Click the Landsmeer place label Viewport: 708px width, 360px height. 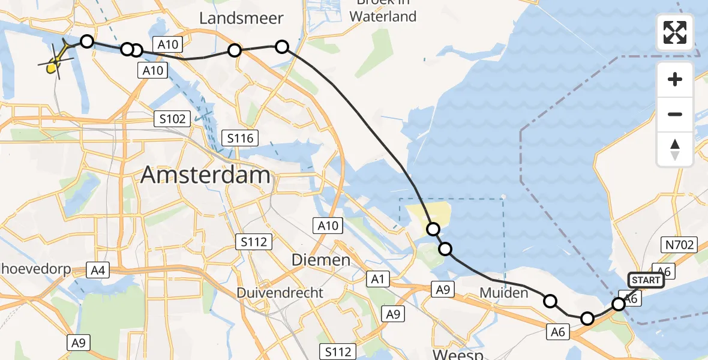click(x=241, y=19)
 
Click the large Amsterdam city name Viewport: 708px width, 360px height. click(x=205, y=175)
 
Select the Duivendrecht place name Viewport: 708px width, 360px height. click(x=280, y=293)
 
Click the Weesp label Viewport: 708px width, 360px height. click(x=458, y=354)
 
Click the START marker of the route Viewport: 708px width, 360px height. click(x=646, y=280)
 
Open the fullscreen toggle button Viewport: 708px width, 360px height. click(x=675, y=32)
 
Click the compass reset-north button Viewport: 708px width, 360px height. click(x=675, y=149)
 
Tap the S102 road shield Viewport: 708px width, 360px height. click(x=172, y=118)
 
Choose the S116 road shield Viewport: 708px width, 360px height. click(x=240, y=139)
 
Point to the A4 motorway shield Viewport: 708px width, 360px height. click(x=98, y=271)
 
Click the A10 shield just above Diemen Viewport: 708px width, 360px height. click(x=328, y=226)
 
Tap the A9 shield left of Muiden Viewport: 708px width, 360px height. click(x=442, y=290)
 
